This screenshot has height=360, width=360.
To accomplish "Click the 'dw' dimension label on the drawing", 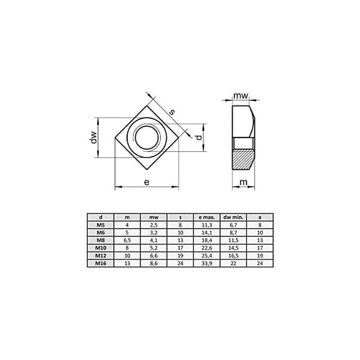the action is coord(94,137).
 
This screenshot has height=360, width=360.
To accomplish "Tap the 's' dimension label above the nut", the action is coord(172,112).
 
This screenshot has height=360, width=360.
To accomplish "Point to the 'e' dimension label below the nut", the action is coord(146,182).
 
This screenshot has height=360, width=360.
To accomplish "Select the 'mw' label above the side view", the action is coord(241,95).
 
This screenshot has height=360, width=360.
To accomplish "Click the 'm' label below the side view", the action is coord(244,182).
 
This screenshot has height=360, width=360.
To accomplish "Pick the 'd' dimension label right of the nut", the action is coord(199,137).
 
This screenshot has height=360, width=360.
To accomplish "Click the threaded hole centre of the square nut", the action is coord(147,137).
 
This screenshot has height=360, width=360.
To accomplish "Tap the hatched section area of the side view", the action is coord(244,159).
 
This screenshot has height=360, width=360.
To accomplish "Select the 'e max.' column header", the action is coord(206,217).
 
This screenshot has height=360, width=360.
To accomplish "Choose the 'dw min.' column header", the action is coord(233,217).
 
